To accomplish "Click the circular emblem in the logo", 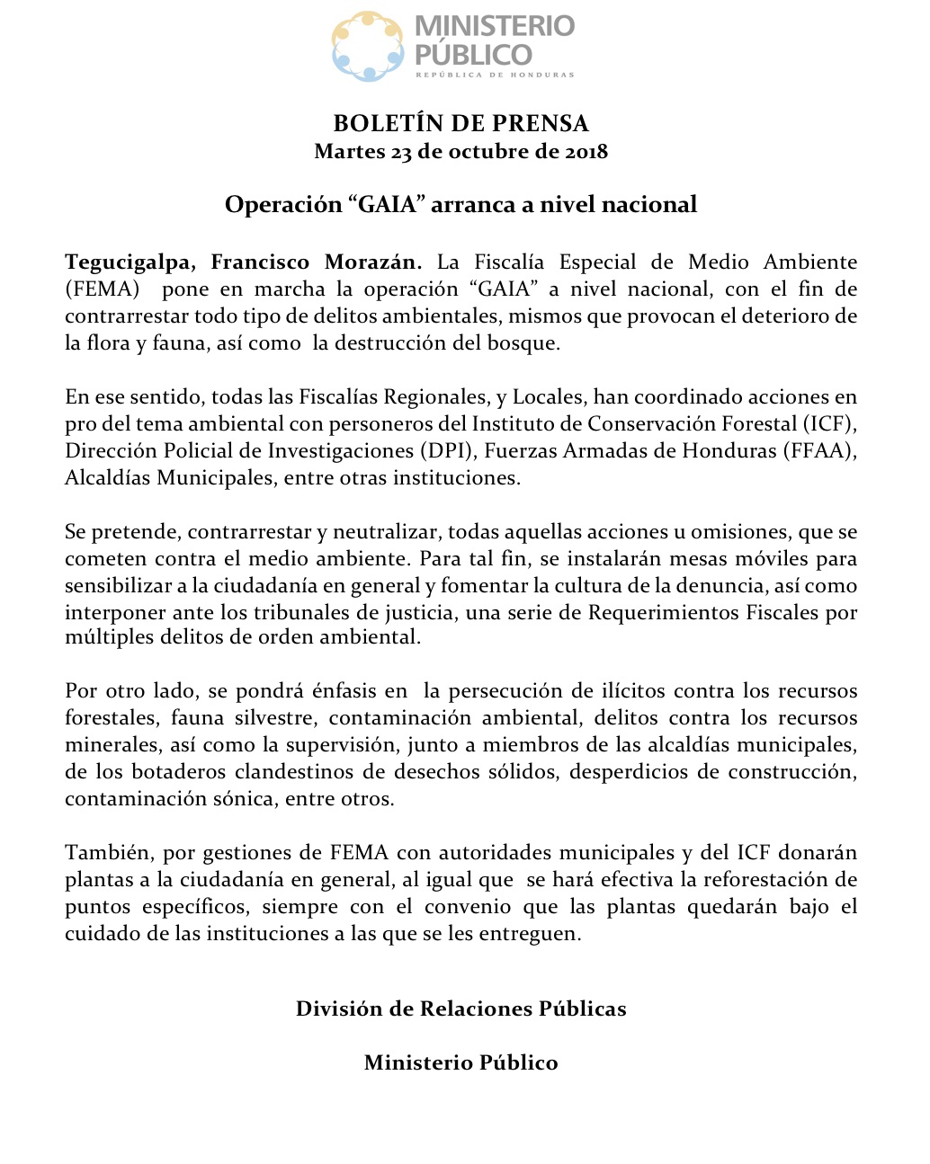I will point(368,46).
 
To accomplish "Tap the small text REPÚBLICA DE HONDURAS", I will point(494,75).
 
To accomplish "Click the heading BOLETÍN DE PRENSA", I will point(461,123).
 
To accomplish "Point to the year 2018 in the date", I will point(586,151).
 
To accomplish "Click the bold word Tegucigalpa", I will point(128,262).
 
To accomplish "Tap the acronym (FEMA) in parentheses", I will point(103,289).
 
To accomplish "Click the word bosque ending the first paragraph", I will point(526,343).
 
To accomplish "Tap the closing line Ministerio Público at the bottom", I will point(461,1062).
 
